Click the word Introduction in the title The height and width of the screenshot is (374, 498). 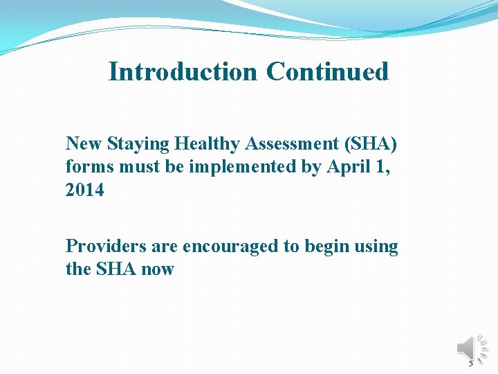coord(182,71)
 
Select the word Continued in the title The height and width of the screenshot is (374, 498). coord(327,71)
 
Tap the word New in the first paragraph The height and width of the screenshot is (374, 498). coord(84,143)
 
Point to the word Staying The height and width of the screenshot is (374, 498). coord(138,143)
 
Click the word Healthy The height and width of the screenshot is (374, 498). coord(208,143)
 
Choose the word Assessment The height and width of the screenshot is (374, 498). coord(295,143)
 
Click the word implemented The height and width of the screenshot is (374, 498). coord(228,167)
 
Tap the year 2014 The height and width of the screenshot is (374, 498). coord(84,190)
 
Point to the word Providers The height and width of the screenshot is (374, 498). coord(102,247)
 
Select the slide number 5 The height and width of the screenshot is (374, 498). coord(471,363)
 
